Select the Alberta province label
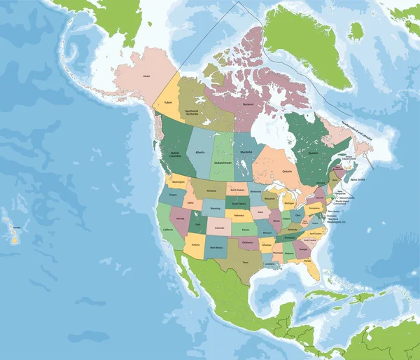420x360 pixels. (200, 151)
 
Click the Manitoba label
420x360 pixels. (246, 152)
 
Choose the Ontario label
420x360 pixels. (287, 171)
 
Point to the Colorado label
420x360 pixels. (220, 228)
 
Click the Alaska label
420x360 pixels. (146, 76)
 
